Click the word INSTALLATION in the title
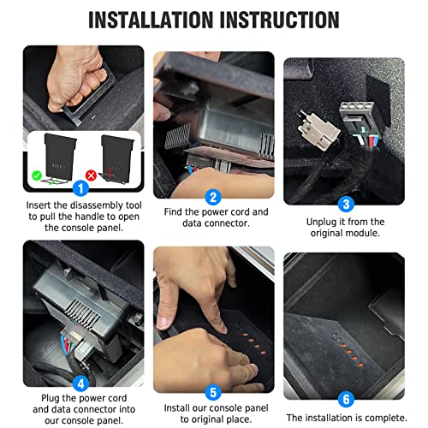[152, 20]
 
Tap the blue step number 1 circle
[80, 188]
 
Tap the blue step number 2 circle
[213, 197]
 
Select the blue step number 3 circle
[346, 204]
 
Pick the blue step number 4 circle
[80, 383]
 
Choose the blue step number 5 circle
[213, 392]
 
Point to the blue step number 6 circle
[346, 399]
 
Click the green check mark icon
[37, 175]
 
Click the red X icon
[91, 175]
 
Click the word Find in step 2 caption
[173, 212]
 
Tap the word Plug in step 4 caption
[51, 398]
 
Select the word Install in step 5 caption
[176, 408]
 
